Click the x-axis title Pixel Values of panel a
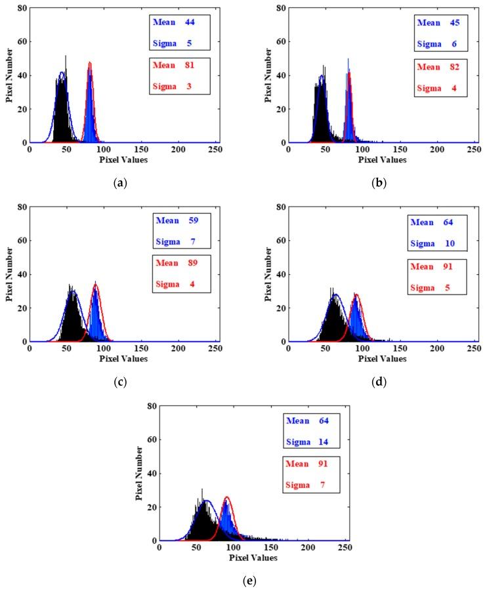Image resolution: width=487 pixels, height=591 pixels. tap(123, 160)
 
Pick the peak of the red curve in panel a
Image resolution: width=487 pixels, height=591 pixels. tap(89, 62)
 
